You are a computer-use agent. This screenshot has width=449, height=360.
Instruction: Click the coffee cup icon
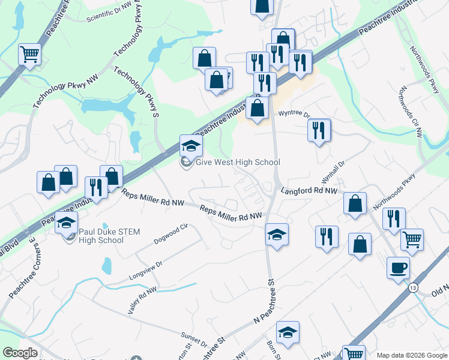(398, 268)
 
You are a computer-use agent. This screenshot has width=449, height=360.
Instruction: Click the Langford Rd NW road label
(309, 190)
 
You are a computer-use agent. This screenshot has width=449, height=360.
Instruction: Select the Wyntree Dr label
(294, 114)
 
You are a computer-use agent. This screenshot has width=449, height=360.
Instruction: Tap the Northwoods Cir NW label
(409, 112)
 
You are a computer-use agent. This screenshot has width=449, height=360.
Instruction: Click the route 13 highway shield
(413, 289)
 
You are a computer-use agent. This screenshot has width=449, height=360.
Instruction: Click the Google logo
(20, 353)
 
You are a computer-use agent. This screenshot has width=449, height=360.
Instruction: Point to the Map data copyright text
(411, 355)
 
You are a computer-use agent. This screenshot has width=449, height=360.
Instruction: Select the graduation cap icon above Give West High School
(191, 145)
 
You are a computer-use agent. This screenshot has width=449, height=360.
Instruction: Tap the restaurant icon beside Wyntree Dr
(319, 130)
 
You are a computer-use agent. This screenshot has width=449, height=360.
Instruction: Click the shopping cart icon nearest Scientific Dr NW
(29, 55)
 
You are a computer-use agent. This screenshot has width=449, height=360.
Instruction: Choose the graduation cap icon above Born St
(288, 332)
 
